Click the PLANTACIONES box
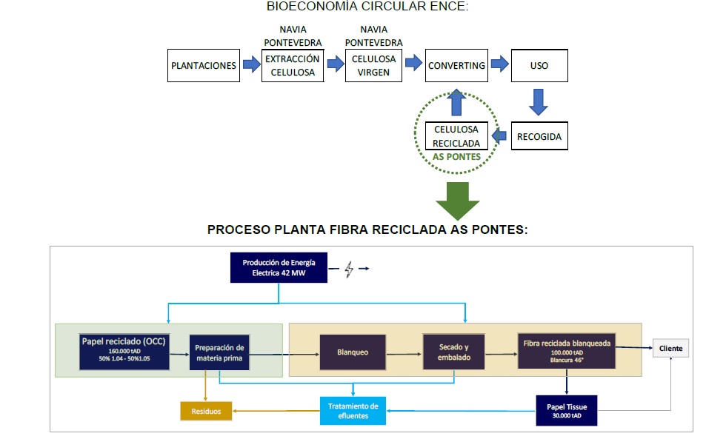click(204, 65)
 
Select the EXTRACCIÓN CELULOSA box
click(293, 65)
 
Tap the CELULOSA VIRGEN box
click(374, 65)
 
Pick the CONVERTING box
click(456, 65)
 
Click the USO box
click(539, 65)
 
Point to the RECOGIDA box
click(539, 137)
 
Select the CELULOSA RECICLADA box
click(456, 136)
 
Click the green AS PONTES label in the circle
click(456, 157)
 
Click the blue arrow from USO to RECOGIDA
click(539, 101)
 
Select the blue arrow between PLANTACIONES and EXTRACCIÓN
click(252, 65)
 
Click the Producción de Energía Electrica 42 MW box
click(279, 268)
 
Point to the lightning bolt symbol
click(349, 269)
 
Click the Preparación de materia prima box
click(220, 354)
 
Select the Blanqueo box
click(352, 352)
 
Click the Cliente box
click(670, 348)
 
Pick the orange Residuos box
click(206, 410)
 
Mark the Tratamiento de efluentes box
click(353, 410)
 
